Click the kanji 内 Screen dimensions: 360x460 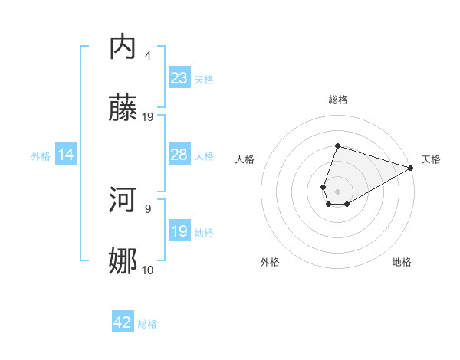123,47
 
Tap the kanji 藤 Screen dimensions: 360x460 123,109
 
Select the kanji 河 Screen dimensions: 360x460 123,200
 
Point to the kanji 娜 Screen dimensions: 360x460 123,262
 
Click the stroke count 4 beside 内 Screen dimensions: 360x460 148,56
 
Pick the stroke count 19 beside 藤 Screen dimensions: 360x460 148,117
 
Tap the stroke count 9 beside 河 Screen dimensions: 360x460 148,208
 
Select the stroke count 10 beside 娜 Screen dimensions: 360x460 148,270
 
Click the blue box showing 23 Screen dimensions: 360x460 179,78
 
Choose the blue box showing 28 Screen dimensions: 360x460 179,155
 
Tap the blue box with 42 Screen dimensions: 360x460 123,323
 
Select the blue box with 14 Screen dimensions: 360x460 66,155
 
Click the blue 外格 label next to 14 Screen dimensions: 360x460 41,156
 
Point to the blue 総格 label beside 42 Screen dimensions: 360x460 147,324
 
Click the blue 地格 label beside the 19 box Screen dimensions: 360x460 204,233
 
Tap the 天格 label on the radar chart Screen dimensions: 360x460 431,159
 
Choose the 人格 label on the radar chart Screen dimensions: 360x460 245,159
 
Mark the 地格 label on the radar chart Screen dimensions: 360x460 402,263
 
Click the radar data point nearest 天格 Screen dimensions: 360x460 411,168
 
